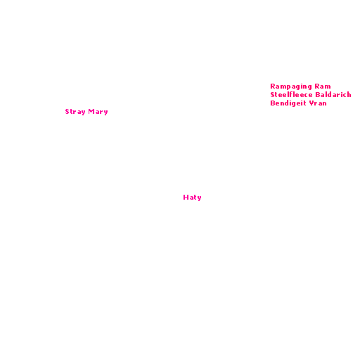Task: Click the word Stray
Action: [x=75, y=112]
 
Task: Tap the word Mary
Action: [x=98, y=112]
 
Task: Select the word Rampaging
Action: [x=291, y=86]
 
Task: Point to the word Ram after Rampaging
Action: [x=323, y=86]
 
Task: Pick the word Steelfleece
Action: [x=291, y=94]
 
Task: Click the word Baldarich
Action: [x=333, y=94]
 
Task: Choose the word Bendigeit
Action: [x=288, y=103]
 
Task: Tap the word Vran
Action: [x=318, y=103]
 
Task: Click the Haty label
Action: [x=192, y=198]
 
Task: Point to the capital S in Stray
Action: [x=67, y=111]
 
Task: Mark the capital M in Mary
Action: [x=91, y=111]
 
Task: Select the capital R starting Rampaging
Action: [x=273, y=86]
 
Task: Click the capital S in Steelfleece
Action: [x=272, y=94]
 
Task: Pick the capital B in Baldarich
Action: [x=318, y=94]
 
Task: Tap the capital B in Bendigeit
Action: [x=273, y=103]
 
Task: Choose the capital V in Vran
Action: [x=311, y=103]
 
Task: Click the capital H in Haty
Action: [x=186, y=197]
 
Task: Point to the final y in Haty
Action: [x=200, y=198]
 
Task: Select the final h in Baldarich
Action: [x=349, y=94]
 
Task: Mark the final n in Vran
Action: [x=325, y=104]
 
